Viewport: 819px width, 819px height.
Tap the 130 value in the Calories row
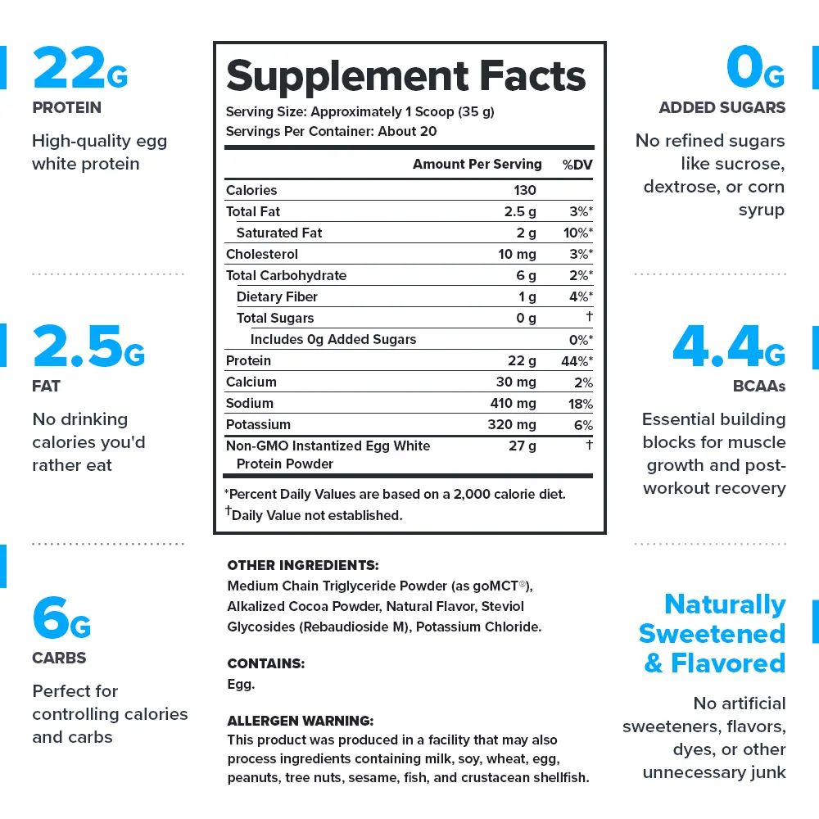[524, 190]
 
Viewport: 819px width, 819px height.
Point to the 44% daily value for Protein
[577, 360]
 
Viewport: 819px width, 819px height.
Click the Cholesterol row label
[262, 254]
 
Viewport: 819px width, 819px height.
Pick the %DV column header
[577, 165]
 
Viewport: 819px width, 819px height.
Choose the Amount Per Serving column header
[477, 164]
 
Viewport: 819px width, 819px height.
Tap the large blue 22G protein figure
[79, 69]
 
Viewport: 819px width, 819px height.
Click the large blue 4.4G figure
[728, 347]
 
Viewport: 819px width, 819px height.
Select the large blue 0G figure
[754, 69]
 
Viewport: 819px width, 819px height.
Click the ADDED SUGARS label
[722, 107]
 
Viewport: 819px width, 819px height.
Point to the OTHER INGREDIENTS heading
[302, 565]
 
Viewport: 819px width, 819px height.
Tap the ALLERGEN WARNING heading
[300, 721]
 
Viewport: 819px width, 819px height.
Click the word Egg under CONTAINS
[241, 684]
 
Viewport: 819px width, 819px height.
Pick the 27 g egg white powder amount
[523, 446]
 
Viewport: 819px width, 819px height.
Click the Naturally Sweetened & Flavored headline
[712, 633]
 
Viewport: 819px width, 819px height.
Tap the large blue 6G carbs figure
[61, 619]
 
